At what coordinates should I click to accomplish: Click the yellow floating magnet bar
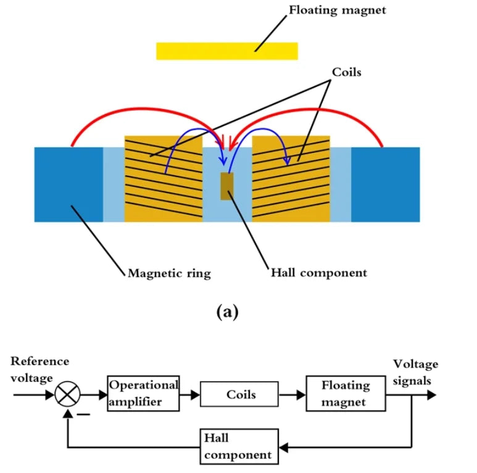pos(226,51)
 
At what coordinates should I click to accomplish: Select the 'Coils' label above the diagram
pos(346,72)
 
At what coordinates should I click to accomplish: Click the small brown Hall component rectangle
pos(227,186)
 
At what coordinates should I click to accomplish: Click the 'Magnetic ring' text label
pos(168,273)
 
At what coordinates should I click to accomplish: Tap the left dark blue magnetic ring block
pos(68,184)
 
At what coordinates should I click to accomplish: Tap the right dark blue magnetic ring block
pos(385,184)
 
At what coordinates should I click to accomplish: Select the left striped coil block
pos(163,179)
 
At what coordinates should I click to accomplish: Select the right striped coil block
pos(292,179)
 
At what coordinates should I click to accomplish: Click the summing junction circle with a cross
pos(66,393)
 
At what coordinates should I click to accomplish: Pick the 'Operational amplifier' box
pos(143,392)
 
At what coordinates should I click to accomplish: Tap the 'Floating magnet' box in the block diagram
pos(345,393)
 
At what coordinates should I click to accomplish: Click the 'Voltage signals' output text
pos(415,372)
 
